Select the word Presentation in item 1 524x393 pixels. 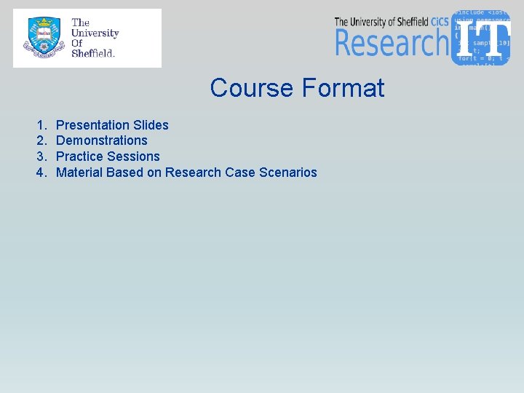[92, 125]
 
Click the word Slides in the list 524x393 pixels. [151, 125]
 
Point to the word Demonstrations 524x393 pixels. [101, 140]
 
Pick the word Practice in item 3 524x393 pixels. [79, 156]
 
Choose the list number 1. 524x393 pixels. [41, 125]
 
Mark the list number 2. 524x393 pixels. [41, 140]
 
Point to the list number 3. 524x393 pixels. [41, 156]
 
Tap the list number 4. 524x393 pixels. [41, 172]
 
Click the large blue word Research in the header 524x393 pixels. [392, 43]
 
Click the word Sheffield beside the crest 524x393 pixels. [93, 53]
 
